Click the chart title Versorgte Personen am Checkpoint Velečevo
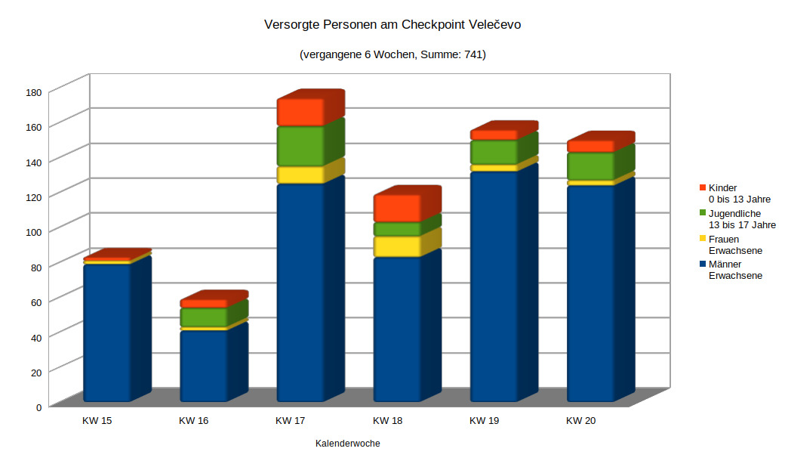point(392,25)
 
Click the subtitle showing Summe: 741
point(392,54)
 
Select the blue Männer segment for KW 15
point(106,333)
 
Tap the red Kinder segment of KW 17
point(300,112)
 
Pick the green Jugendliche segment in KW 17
point(300,146)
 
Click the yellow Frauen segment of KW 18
point(397,246)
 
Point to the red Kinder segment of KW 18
point(397,208)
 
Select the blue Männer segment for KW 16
point(203,366)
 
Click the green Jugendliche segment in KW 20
point(590,165)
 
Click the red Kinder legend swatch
point(703,187)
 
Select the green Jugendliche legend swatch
point(703,213)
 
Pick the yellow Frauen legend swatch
point(703,239)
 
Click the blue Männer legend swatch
point(703,264)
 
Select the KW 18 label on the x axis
point(387,420)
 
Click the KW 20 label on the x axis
point(580,420)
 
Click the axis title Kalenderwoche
point(347,444)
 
